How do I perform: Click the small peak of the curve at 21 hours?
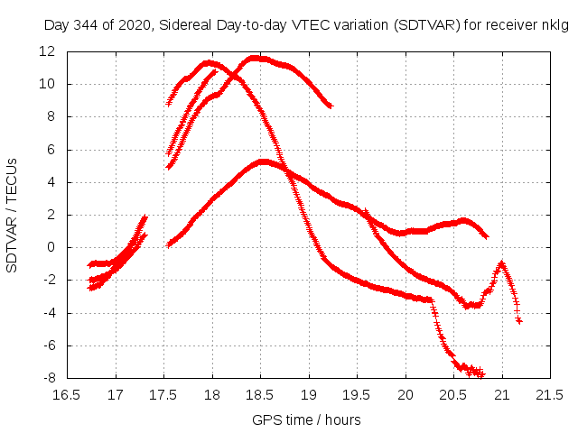click(x=501, y=263)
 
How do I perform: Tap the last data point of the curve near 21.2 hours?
click(x=519, y=321)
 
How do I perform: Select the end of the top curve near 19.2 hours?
click(x=330, y=106)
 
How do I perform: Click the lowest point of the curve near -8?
click(x=480, y=374)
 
